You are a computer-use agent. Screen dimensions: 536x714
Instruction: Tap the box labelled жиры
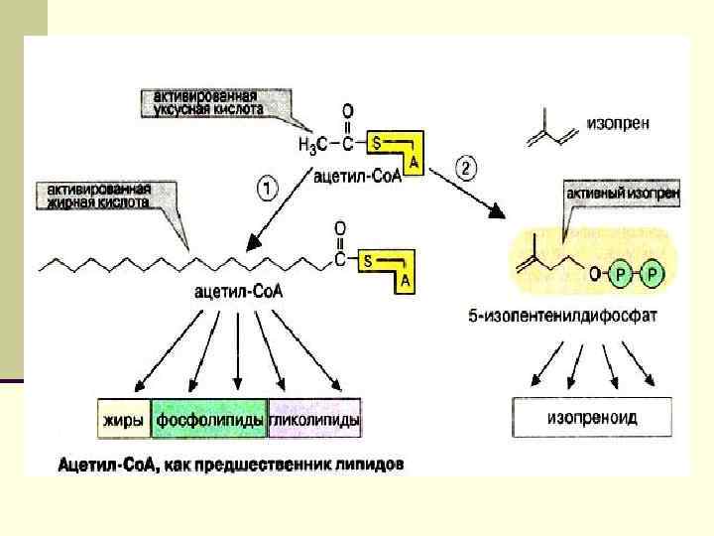(x=125, y=420)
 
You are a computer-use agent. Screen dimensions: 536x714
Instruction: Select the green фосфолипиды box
(x=209, y=420)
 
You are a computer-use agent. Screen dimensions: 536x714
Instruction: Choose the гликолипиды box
(x=314, y=420)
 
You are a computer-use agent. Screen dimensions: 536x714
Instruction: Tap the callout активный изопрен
(x=622, y=194)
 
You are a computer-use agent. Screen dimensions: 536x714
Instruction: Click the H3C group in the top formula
(x=314, y=144)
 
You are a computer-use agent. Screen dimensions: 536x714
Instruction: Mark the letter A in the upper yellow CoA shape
(x=414, y=163)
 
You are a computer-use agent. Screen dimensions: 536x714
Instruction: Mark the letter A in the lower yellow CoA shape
(x=405, y=282)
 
